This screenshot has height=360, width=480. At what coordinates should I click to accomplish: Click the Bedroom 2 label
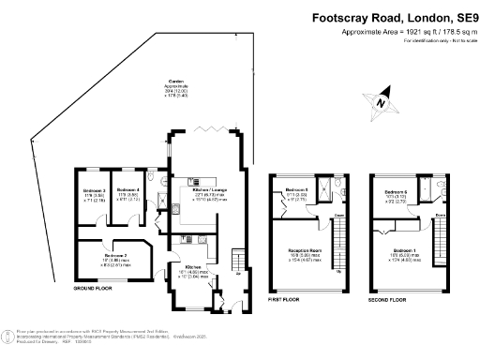pyautogui.click(x=115, y=257)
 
